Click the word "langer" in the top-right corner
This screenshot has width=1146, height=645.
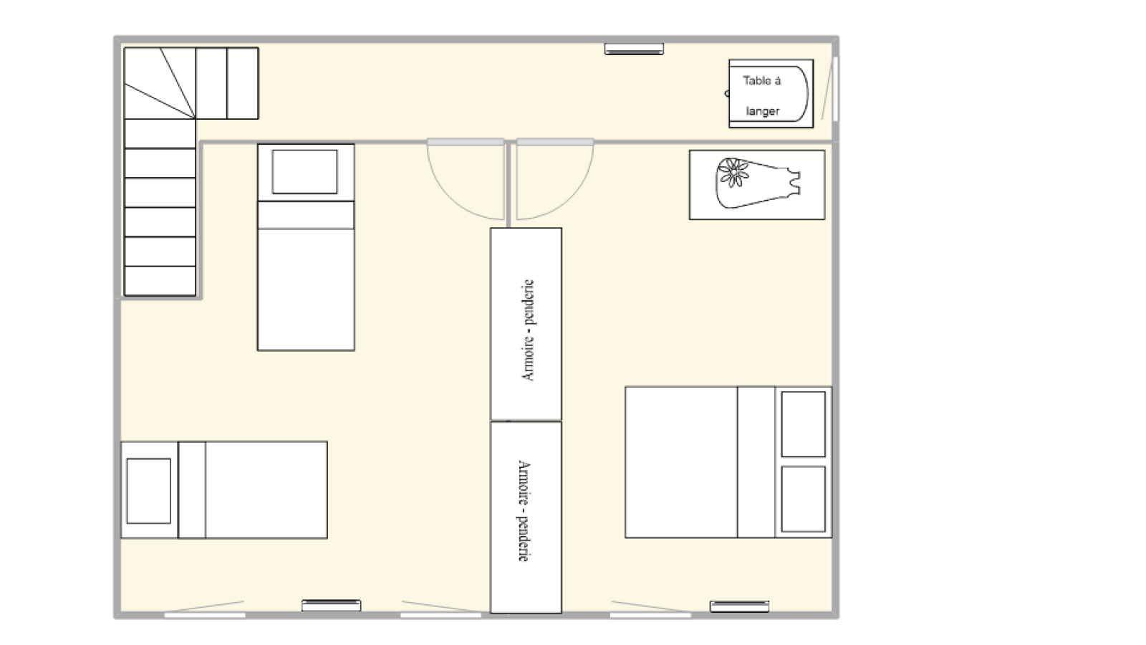click(x=762, y=112)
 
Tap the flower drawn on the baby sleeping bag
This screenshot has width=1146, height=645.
click(x=733, y=173)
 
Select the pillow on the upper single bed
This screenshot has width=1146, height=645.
click(x=304, y=171)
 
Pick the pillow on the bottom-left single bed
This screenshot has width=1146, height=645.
click(x=149, y=491)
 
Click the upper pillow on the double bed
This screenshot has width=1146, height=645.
click(x=803, y=424)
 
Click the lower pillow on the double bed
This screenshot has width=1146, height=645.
click(x=803, y=499)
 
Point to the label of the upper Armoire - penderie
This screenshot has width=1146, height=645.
click(x=527, y=330)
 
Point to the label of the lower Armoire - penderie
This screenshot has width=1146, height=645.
click(x=524, y=511)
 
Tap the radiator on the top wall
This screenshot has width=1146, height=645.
click(x=634, y=49)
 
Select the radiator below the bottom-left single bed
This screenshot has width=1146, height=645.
click(x=331, y=606)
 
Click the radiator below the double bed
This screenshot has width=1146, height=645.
click(x=739, y=606)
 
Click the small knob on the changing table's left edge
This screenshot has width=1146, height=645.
click(x=727, y=93)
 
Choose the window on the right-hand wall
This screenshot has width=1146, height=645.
click(x=835, y=89)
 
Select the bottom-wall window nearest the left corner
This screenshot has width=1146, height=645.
click(x=205, y=615)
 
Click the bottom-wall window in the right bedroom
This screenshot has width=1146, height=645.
click(x=650, y=615)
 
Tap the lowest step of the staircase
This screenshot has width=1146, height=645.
click(x=160, y=280)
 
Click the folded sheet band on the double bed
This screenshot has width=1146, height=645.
click(x=756, y=462)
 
